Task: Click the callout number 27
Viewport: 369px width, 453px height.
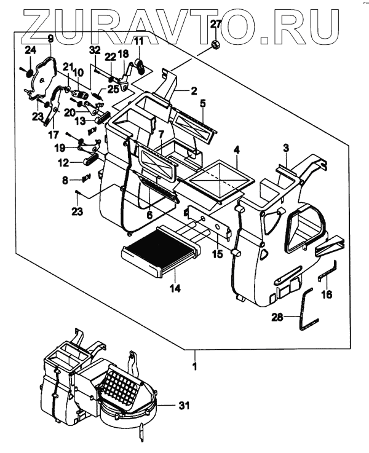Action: (215, 25)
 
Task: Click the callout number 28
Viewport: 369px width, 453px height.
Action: (279, 318)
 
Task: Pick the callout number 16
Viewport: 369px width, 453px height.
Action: (327, 295)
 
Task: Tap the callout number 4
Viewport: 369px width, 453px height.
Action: (236, 149)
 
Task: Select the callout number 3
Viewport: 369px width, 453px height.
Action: (286, 148)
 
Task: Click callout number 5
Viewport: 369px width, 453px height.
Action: (202, 103)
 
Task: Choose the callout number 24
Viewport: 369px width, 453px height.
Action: (30, 49)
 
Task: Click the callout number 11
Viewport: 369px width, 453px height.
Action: (138, 41)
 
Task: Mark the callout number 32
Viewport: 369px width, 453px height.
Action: (94, 49)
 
